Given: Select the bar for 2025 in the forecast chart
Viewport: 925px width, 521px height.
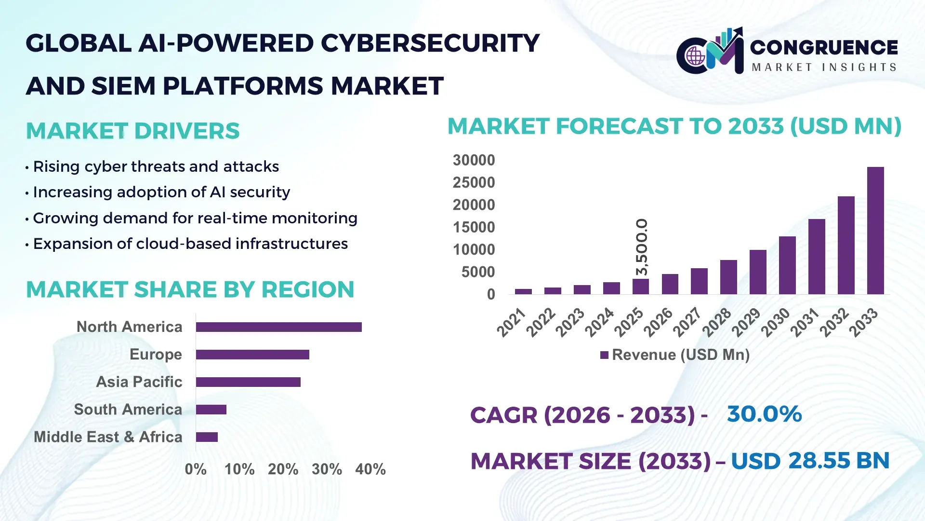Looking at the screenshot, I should (x=641, y=287).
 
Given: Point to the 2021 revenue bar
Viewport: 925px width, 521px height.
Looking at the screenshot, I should (x=523, y=291).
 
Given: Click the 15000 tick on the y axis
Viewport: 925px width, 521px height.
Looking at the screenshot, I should (x=474, y=227).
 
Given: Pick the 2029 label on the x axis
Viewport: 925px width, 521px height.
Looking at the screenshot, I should (x=746, y=322).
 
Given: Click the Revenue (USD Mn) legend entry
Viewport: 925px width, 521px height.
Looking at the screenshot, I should (x=674, y=355).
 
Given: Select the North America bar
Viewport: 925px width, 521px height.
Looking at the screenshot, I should (x=278, y=327).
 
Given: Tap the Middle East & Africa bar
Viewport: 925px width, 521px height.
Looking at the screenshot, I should (x=207, y=437).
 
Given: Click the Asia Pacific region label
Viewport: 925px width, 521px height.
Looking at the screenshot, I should (x=139, y=382).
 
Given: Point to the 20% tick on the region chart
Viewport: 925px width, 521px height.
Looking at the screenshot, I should (x=283, y=469).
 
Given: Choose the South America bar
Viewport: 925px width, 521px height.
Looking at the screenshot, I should (x=211, y=410).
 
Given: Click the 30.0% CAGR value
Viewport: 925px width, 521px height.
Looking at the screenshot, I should (x=764, y=414).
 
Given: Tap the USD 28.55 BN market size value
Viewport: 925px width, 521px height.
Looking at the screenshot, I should (x=810, y=461).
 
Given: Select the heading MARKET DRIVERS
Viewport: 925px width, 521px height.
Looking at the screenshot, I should (x=132, y=131).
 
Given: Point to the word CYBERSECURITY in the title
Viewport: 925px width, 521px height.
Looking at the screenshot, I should (x=430, y=43).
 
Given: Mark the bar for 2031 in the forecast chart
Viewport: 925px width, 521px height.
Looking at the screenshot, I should (x=817, y=257).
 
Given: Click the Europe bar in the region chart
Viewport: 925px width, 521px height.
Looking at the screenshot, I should (x=252, y=355).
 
